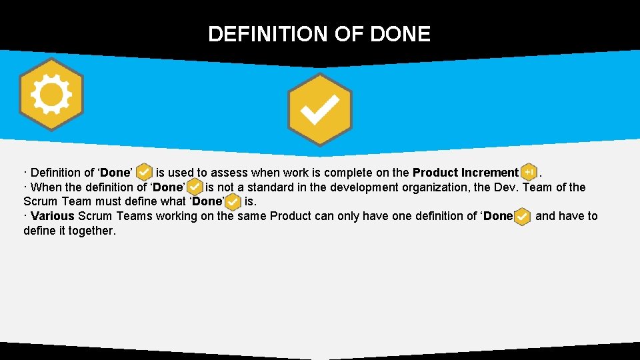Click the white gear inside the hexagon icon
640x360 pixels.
(51, 94)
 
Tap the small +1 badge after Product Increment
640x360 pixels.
(529, 173)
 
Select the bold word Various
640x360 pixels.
(53, 216)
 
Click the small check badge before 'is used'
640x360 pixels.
(144, 173)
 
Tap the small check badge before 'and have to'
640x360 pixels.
(522, 217)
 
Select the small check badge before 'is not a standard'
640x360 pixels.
(195, 187)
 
